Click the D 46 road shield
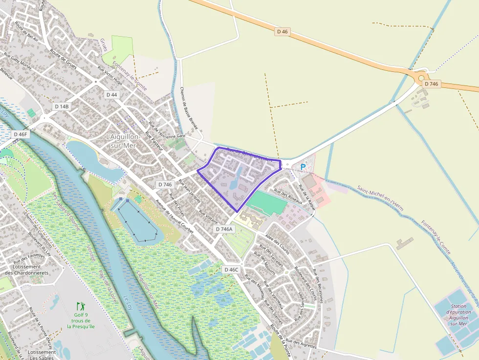[x=283, y=32]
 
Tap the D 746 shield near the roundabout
[x=432, y=84]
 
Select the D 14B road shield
[x=62, y=106]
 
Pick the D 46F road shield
[x=21, y=134]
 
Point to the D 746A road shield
[x=225, y=229]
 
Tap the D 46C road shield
[x=231, y=270]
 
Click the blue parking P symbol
[x=303, y=167]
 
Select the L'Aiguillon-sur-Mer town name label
[x=123, y=141]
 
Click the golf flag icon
[x=81, y=307]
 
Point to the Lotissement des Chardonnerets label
[x=27, y=270]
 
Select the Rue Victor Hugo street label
[x=110, y=75]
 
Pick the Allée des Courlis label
[x=278, y=244]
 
